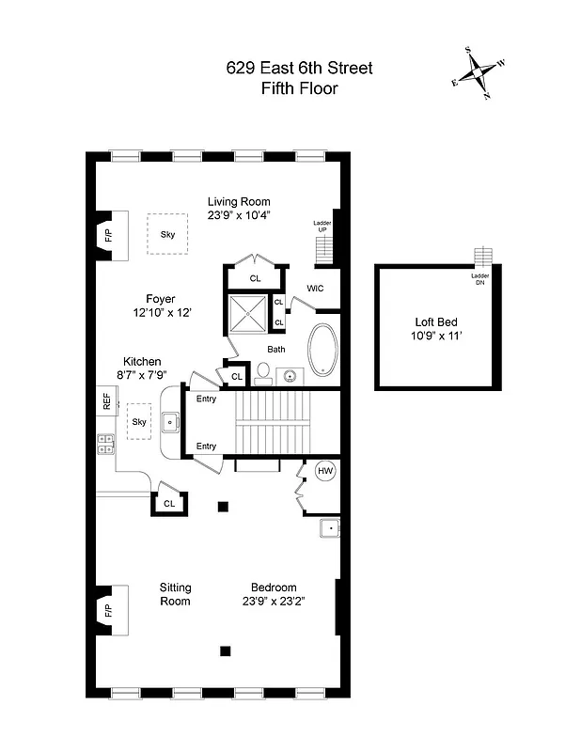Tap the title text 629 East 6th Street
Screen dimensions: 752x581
299,68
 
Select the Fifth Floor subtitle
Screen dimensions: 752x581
299,89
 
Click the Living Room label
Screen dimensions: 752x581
239,201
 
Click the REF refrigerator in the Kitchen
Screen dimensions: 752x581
106,403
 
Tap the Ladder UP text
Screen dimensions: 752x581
322,226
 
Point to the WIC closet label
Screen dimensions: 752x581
315,288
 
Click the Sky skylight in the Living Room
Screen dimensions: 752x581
167,234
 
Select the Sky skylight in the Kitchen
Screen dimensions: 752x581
140,422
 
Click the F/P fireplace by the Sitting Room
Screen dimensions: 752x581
107,609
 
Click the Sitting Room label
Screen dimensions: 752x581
175,595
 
